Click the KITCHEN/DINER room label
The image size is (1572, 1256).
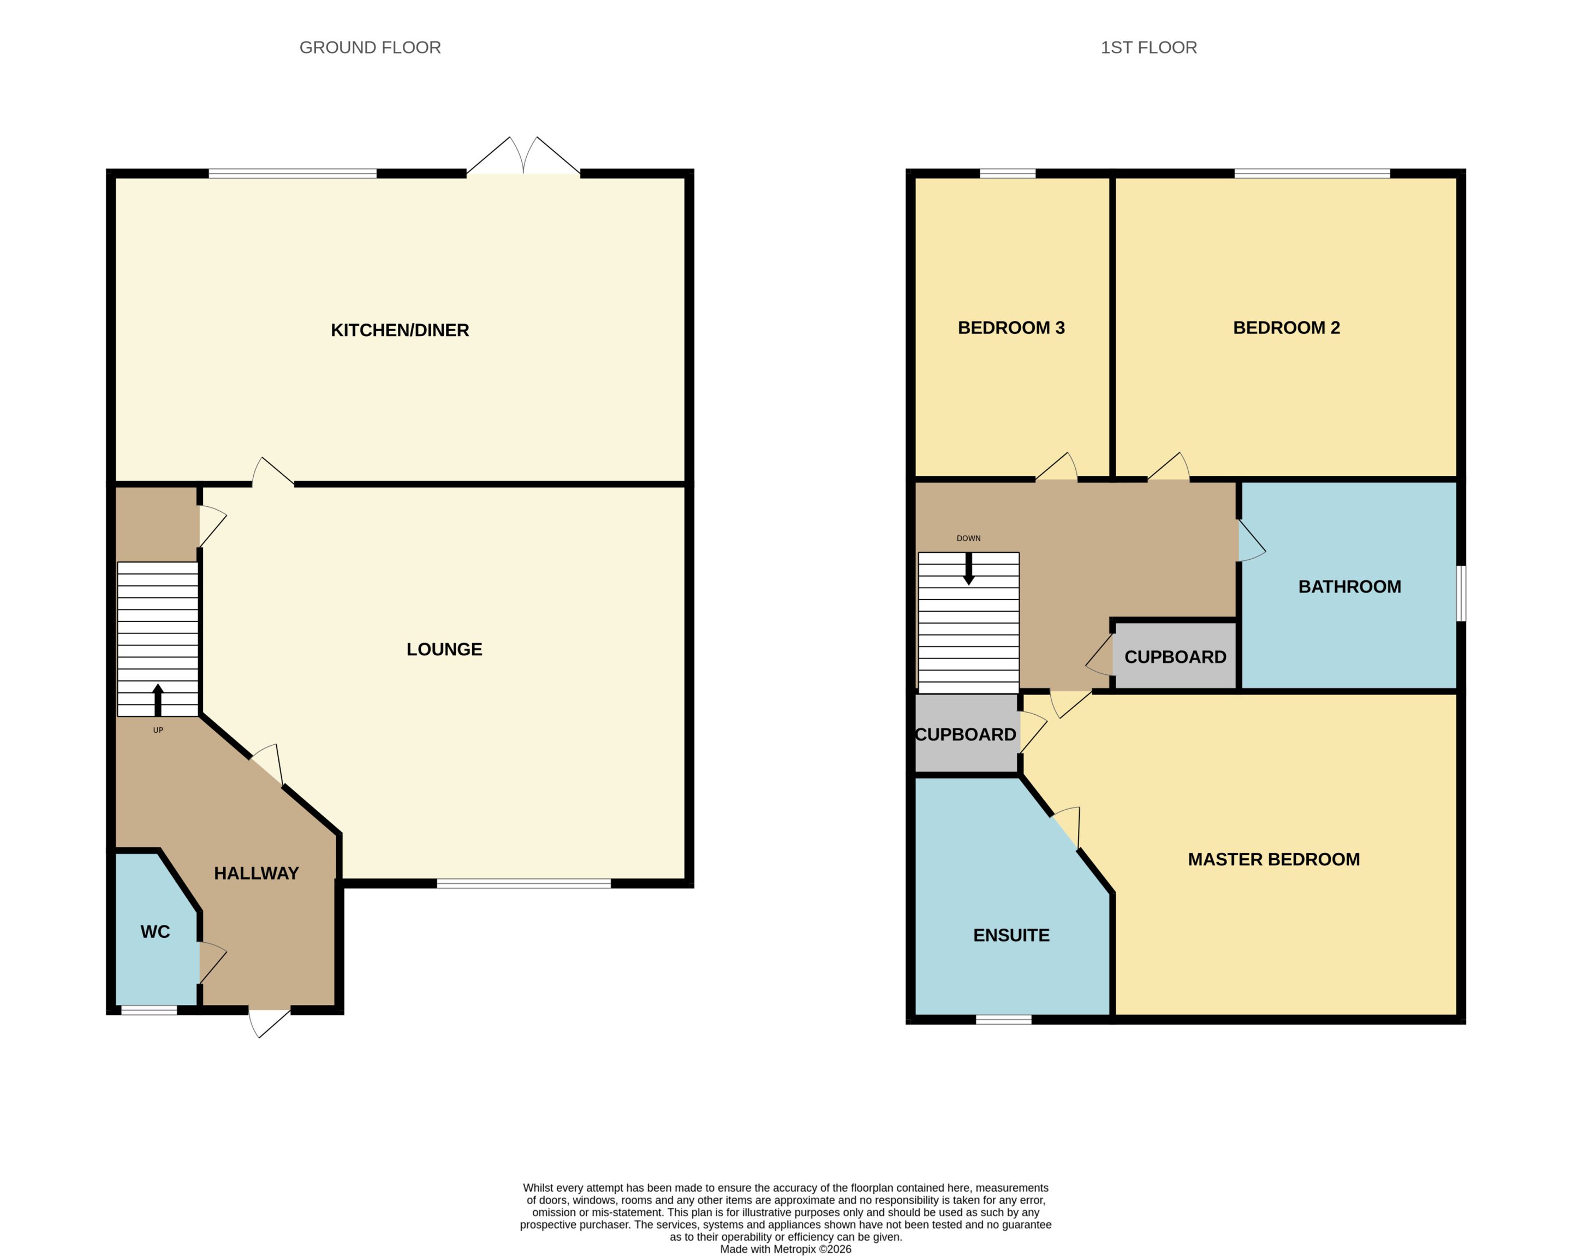click(x=400, y=330)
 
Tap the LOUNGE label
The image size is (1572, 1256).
click(x=444, y=649)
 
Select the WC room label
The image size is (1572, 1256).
click(x=154, y=931)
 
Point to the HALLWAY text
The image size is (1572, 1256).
click(x=256, y=874)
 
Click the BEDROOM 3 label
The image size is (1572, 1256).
click(x=1011, y=328)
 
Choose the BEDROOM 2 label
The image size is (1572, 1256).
click(x=1286, y=328)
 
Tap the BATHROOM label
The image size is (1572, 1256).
click(x=1350, y=587)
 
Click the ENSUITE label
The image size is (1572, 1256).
click(x=1011, y=935)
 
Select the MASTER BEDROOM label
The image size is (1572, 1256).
click(x=1274, y=859)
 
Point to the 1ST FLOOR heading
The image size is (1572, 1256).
click(x=1148, y=47)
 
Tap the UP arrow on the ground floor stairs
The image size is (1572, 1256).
click(x=158, y=700)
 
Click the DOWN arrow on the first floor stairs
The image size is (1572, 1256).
click(x=969, y=569)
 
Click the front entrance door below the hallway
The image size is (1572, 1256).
click(x=270, y=1022)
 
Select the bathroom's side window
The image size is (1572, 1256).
click(x=1461, y=594)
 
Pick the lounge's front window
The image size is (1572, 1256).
click(x=523, y=883)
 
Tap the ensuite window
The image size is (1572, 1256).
click(x=1003, y=1020)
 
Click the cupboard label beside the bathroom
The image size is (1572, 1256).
click(x=1175, y=657)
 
